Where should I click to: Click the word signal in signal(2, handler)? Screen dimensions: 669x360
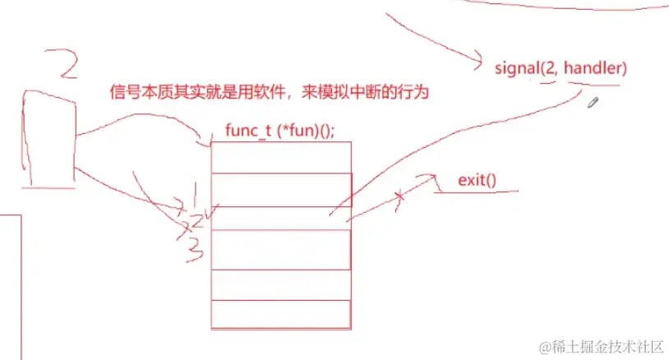pos(517,67)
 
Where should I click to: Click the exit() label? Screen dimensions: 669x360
pos(478,180)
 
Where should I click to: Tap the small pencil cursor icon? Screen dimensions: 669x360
pos(593,102)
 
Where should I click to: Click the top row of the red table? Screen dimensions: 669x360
pos(281,157)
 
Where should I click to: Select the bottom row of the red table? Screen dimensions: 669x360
pos(281,315)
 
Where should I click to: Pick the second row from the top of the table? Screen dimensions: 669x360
pos(281,189)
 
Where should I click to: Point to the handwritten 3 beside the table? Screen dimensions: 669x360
pos(194,249)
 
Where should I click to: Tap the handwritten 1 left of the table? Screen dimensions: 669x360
pos(193,195)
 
